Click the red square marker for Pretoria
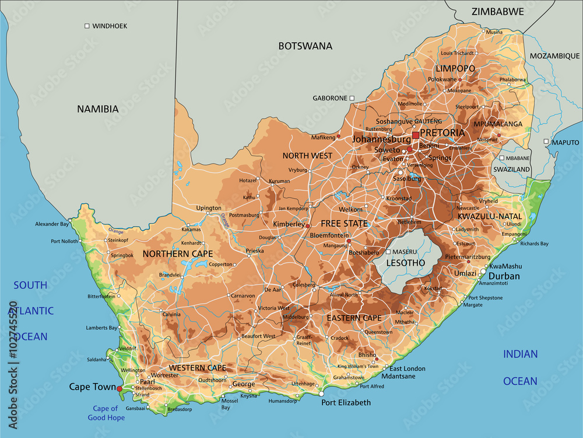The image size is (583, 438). tap(415, 135)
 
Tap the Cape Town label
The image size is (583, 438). tap(92, 387)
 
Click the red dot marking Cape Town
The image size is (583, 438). tap(120, 388)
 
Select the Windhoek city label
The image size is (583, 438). tap(110, 26)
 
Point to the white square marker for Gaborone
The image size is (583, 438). tap(352, 98)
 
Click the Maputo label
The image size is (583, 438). tap(566, 142)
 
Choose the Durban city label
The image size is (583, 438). tap(504, 276)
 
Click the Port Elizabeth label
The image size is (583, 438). tap(346, 402)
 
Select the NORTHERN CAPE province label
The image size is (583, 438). tap(177, 254)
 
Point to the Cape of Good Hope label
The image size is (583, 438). tap(106, 413)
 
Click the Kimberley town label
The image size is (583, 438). tap(289, 224)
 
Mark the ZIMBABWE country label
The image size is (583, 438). tap(497, 11)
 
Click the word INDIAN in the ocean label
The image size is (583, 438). tap(521, 354)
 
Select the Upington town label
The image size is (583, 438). tap(209, 208)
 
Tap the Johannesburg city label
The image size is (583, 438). tap(381, 140)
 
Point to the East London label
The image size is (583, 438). tap(408, 369)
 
